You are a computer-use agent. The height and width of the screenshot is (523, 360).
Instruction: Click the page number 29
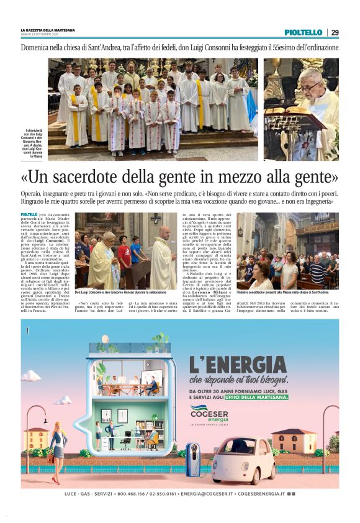coord(335,32)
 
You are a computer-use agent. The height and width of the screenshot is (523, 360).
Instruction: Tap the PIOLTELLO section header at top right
coord(304,32)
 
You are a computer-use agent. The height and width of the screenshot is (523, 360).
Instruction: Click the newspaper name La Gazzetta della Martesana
coord(48,30)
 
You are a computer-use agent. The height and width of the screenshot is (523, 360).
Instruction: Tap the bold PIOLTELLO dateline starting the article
coord(29,215)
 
